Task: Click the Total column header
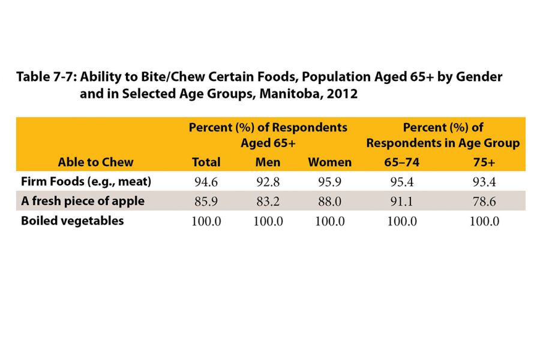(x=206, y=162)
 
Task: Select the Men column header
(x=268, y=162)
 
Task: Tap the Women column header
(x=329, y=162)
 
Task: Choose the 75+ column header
(x=484, y=162)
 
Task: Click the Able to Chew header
(x=95, y=162)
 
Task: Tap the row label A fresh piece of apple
(x=83, y=201)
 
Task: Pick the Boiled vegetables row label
(x=72, y=221)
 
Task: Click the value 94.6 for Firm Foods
(x=206, y=181)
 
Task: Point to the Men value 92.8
(x=268, y=181)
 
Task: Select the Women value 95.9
(x=329, y=181)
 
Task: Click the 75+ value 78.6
(x=484, y=202)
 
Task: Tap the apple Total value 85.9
(x=206, y=202)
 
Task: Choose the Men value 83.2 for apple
(x=268, y=202)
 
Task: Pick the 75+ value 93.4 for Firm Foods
(x=484, y=181)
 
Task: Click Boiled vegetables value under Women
(x=329, y=221)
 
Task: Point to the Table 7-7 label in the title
(x=45, y=77)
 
